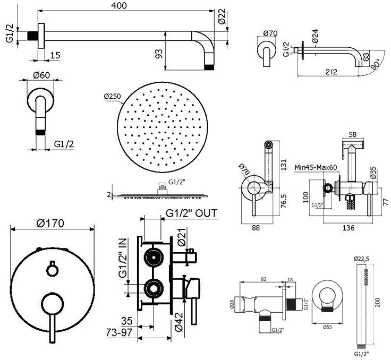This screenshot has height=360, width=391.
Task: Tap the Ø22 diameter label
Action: [x=222, y=19]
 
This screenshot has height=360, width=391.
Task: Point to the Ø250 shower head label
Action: [x=113, y=96]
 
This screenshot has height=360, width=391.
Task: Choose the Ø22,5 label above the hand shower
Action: [x=362, y=259]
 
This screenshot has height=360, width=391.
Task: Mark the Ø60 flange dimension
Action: [x=41, y=75]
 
